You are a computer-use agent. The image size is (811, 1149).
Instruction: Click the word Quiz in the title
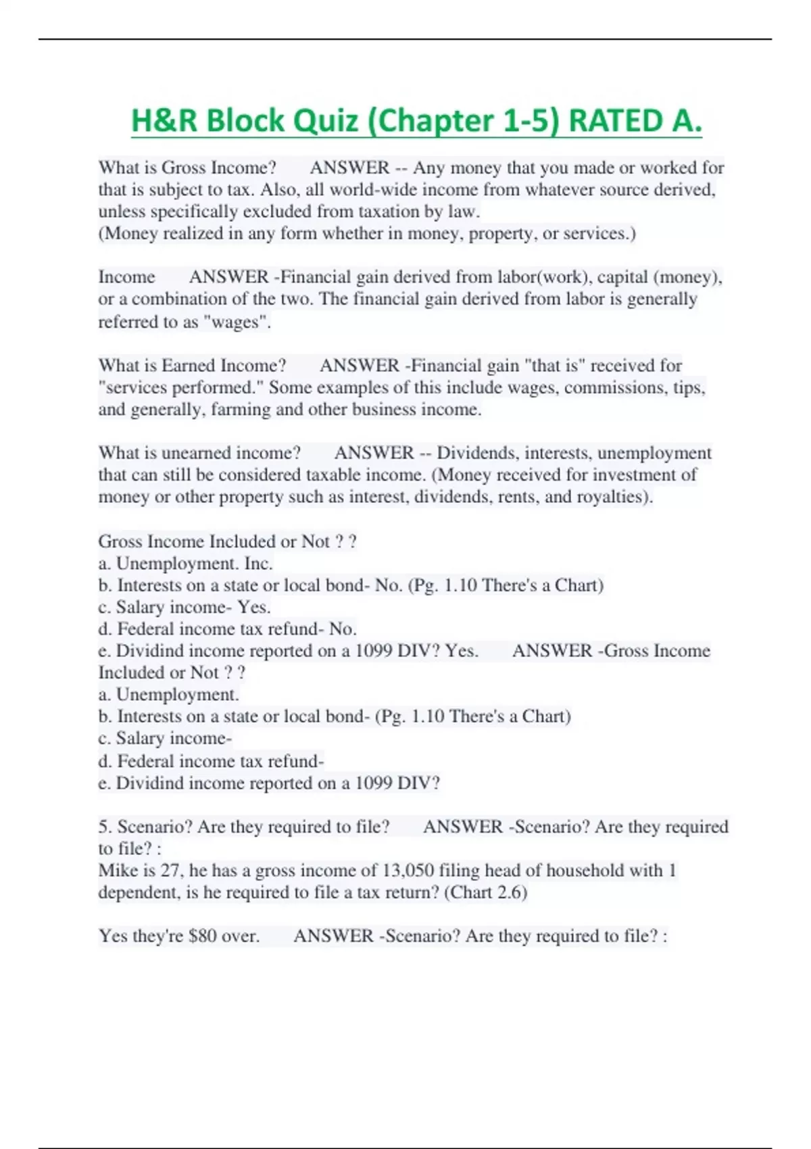click(321, 121)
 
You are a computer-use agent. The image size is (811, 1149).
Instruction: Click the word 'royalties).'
click(615, 497)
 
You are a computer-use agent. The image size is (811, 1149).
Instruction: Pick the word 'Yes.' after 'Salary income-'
click(254, 607)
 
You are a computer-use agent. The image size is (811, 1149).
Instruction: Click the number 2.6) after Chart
click(512, 892)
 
